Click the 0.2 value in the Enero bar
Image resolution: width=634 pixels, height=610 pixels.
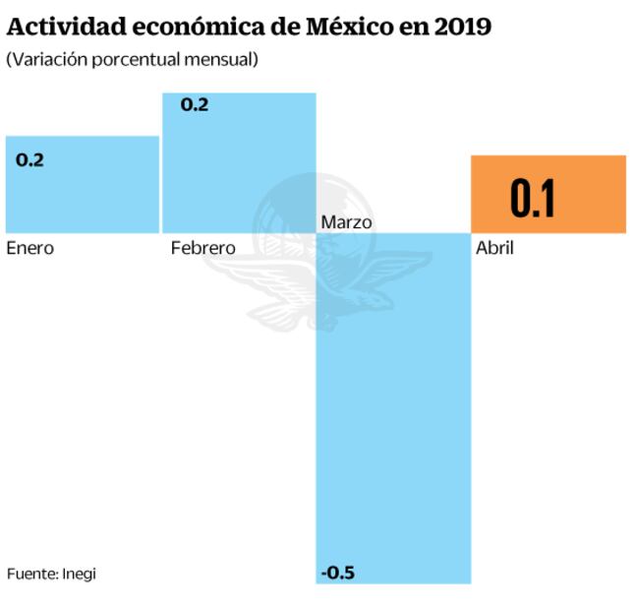30,159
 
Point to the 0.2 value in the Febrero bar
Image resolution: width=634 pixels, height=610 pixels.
195,104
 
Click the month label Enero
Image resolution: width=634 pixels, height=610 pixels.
29,248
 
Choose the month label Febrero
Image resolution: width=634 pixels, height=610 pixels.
202,248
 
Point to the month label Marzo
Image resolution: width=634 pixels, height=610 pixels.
346,222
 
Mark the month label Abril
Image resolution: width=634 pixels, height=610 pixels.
494,248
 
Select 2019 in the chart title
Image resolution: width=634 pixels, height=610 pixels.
461,27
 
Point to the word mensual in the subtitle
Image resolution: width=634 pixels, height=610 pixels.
220,60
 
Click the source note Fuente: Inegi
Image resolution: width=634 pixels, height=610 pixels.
51,574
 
